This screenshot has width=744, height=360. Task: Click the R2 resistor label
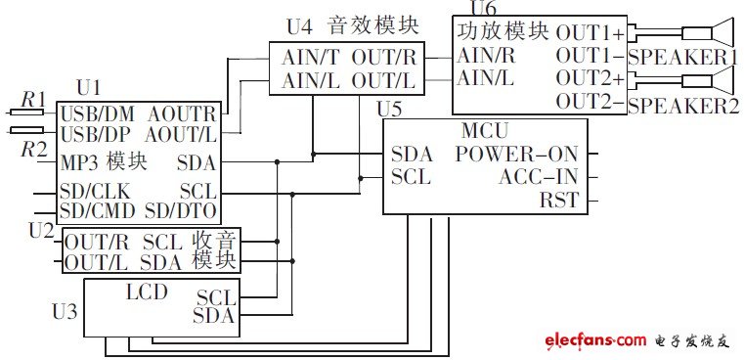click(33, 150)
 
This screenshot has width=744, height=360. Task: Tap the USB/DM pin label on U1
click(95, 112)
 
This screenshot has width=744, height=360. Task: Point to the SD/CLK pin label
click(93, 190)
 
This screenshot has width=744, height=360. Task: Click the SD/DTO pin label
click(181, 209)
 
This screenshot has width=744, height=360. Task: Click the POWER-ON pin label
click(516, 154)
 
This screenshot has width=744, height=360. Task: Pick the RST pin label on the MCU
click(558, 202)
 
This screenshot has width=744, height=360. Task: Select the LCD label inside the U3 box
click(147, 292)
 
